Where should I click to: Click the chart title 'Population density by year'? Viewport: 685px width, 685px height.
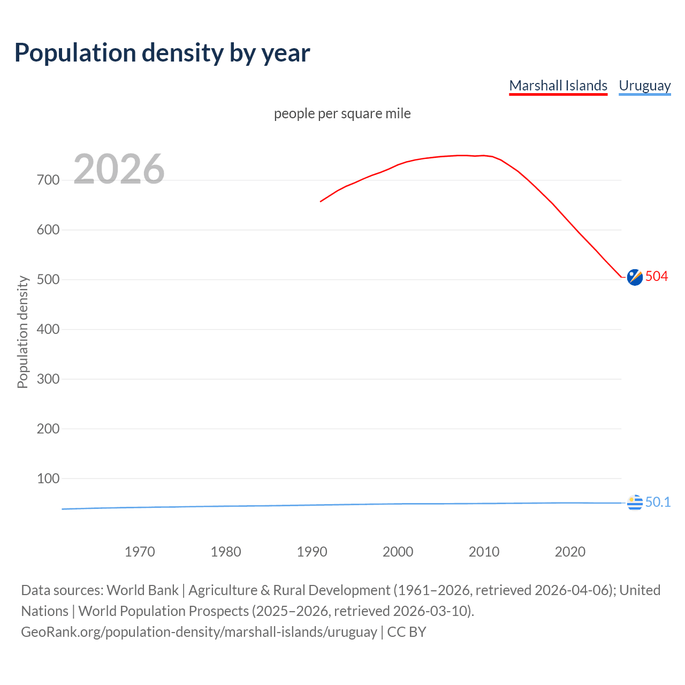[x=162, y=52]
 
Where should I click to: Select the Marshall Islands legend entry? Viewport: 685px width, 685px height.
[x=558, y=86]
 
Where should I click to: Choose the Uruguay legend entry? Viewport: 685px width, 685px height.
[x=644, y=86]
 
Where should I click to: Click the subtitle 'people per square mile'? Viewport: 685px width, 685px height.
[x=342, y=113]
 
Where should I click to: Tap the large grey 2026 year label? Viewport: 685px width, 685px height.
[x=119, y=169]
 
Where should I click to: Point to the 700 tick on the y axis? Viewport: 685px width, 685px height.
[x=48, y=180]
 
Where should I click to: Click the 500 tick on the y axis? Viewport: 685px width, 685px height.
[x=48, y=279]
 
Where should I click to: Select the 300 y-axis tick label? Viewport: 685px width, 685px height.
[x=48, y=379]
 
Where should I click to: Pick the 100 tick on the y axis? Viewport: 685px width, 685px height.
[x=48, y=478]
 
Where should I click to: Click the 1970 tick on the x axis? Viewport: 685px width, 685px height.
[x=140, y=552]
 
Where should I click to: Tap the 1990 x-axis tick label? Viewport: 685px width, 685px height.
[x=312, y=552]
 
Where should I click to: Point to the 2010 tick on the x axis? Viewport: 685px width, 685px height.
[x=484, y=552]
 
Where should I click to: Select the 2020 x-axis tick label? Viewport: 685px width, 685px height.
[x=570, y=552]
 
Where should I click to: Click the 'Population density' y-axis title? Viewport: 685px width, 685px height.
[x=22, y=332]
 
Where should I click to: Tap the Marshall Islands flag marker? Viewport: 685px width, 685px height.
[x=635, y=277]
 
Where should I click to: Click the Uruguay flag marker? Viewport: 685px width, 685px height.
[x=635, y=503]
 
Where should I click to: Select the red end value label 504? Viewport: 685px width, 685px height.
[x=657, y=276]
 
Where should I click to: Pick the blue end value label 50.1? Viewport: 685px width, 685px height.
[x=658, y=502]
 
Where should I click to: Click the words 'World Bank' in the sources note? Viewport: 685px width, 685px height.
[x=142, y=590]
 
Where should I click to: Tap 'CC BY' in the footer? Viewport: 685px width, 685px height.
[x=407, y=631]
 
